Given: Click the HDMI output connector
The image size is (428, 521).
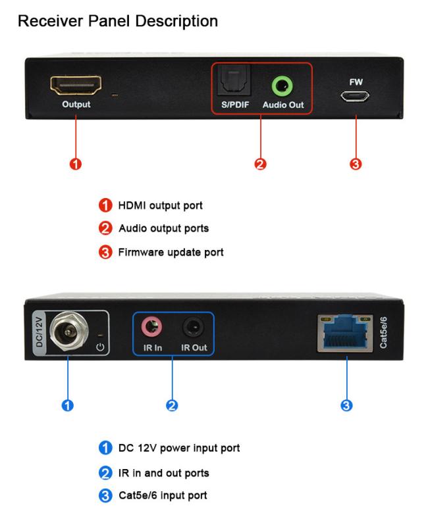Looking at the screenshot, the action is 76,85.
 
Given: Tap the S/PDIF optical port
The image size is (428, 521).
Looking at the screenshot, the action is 234,80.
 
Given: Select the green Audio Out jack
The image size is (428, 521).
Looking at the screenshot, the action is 282,86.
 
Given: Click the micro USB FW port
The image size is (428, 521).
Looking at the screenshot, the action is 354,96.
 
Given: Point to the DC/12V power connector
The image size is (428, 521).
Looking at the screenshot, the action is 69,332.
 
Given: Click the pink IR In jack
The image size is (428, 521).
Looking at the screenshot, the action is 151,327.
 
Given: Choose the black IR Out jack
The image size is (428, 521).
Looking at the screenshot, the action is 194,327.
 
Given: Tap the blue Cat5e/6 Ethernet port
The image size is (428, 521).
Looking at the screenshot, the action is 345,333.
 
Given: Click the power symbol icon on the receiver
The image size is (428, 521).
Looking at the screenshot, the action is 100,347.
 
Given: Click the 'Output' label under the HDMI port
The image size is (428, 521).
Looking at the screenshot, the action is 76,105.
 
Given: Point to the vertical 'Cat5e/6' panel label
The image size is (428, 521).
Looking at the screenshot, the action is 383,332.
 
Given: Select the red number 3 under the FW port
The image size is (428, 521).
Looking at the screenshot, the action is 356,164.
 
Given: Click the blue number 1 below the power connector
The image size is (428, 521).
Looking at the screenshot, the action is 68,405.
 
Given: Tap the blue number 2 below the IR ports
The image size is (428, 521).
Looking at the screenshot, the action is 172,405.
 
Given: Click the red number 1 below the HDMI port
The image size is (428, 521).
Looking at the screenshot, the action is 76,164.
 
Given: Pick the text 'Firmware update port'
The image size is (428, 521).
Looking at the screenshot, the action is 171,252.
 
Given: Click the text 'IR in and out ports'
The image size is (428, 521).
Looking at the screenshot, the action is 163,473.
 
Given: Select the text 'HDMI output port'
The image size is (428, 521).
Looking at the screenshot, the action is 160,205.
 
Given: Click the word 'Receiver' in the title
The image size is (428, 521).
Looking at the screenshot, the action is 51,21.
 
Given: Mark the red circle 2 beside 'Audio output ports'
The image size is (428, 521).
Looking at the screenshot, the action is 105,228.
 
